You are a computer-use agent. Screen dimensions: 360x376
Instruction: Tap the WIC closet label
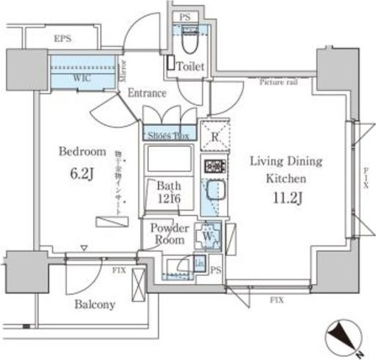[81, 76]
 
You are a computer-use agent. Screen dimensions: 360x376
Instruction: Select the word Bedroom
[82, 152]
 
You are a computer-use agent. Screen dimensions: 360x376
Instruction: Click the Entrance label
[147, 94]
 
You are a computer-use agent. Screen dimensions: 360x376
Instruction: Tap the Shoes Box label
[169, 135]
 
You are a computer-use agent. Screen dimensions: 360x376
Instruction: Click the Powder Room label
[170, 234]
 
